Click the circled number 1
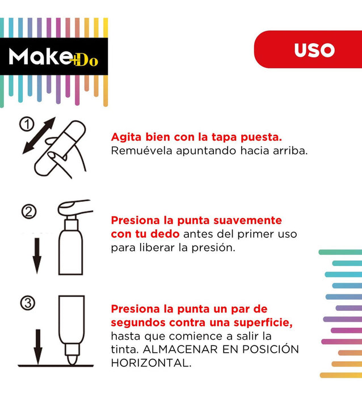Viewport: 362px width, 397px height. coord(27,124)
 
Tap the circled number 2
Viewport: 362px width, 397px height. coord(29,212)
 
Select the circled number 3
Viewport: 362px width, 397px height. coord(28,303)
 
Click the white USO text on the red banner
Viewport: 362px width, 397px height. coord(314,50)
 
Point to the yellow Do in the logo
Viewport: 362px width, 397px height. coord(86,60)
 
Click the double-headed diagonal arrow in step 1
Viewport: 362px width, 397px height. coord(39,135)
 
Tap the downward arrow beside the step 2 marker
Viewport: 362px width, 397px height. coord(37,256)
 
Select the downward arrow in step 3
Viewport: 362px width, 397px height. coord(38,347)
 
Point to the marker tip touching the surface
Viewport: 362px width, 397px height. coord(72,360)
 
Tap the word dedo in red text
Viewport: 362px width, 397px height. coord(165,234)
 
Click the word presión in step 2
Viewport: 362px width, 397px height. coord(213,248)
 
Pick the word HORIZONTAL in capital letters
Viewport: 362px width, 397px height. coord(151,363)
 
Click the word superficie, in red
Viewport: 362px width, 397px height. coord(263,323)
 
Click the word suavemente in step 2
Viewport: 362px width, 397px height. coord(247,220)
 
